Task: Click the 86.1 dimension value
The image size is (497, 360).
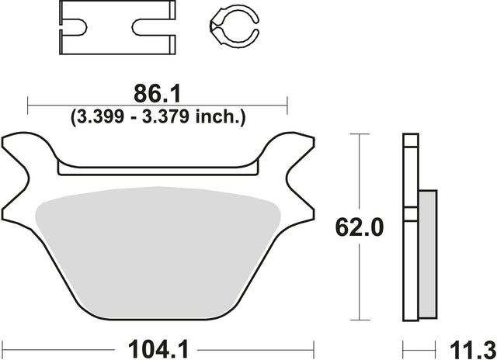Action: click(157, 94)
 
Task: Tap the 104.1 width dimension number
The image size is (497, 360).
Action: click(158, 350)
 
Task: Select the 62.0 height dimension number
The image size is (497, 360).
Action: click(359, 227)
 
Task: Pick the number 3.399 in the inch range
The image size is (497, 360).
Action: click(99, 117)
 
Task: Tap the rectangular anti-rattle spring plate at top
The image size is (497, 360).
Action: click(117, 27)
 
